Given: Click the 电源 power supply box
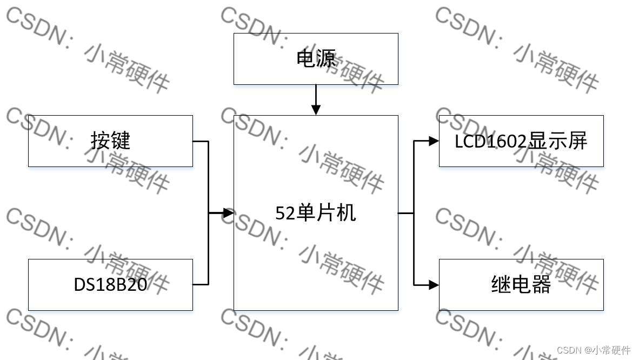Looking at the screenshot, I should coord(316,58).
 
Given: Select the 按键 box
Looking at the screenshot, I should coord(110,141).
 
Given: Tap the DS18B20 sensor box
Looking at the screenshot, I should coord(110,284).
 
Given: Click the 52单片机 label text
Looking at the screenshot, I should coord(316,213).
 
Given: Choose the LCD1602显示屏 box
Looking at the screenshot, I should coord(521,141).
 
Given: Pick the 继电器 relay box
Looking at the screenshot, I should coord(521,284).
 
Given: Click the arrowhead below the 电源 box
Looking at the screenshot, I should coord(316,110).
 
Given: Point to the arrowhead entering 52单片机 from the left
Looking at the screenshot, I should coord(228,213).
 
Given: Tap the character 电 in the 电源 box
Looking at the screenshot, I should coord(306,58).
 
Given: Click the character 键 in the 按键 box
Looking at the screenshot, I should coord(121,141).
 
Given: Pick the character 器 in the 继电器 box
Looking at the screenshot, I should coord(541,284).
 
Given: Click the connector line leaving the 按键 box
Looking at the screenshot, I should coord(201,141).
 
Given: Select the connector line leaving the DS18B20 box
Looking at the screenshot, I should coord(201,284).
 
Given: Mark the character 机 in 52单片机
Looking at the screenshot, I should coord(347,213).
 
